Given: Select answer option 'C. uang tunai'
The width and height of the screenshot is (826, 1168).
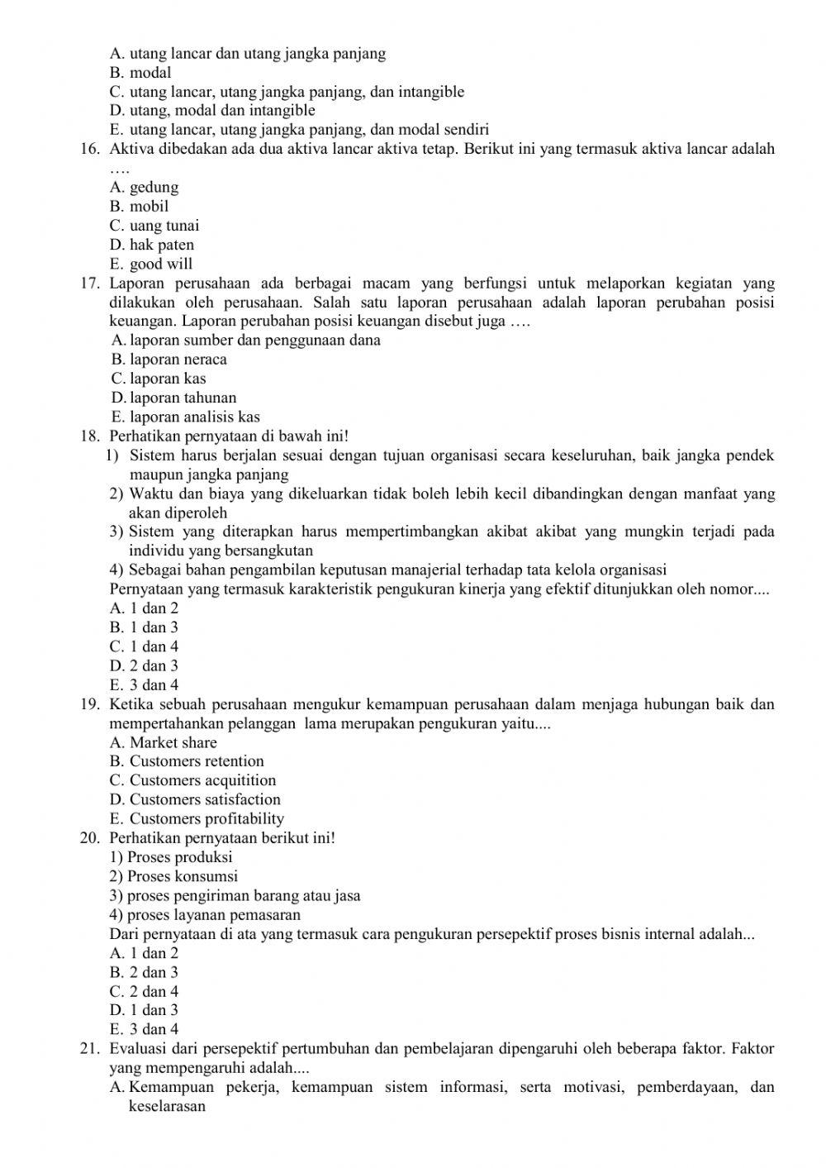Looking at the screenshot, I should point(154,226).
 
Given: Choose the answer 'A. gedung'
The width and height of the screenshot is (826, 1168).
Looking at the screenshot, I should point(144,188).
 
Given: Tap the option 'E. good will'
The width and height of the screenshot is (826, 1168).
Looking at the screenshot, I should point(150,265).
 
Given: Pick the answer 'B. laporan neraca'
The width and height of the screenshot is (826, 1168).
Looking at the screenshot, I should point(169,360).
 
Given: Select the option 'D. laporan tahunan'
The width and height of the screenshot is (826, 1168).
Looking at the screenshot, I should point(173,398).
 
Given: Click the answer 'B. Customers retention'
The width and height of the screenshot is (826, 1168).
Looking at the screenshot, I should point(187,761).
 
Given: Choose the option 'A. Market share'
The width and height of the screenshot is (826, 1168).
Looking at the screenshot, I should point(163,742).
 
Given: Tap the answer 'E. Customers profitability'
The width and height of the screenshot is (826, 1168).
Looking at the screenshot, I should point(197,819).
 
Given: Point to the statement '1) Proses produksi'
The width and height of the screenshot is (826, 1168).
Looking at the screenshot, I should point(171,857).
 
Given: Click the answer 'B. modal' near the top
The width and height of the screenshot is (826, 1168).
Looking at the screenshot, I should point(140,73).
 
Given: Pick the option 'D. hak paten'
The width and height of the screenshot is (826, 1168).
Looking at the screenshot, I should point(152,245).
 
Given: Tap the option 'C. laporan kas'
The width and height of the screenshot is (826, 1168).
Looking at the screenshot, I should point(159,379).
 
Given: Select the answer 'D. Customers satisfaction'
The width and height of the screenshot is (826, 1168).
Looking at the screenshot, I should point(195,799).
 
